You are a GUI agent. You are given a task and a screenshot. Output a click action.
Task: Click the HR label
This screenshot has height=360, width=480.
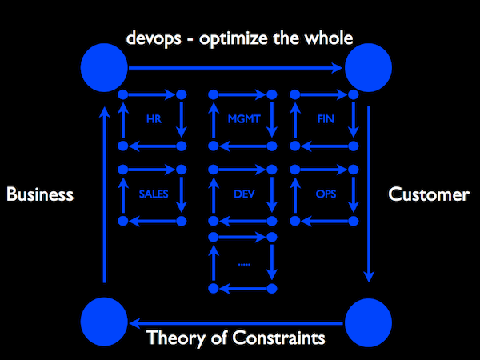(154, 120)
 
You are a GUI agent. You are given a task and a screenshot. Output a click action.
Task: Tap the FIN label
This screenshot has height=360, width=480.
(326, 120)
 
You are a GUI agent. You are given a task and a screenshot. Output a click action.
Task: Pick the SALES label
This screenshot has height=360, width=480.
(152, 194)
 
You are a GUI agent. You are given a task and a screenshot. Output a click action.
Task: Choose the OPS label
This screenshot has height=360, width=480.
(325, 194)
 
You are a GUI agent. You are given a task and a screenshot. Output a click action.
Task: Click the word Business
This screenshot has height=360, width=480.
(40, 194)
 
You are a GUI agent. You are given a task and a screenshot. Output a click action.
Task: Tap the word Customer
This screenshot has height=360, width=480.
(428, 194)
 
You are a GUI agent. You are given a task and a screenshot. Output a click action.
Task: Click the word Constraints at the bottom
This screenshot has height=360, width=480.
(282, 338)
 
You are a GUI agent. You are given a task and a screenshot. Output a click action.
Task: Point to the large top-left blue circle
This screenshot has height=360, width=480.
(105, 67)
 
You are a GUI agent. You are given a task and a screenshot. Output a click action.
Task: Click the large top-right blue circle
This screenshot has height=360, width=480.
(367, 67)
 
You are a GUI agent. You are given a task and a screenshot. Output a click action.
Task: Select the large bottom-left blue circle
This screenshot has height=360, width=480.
(105, 322)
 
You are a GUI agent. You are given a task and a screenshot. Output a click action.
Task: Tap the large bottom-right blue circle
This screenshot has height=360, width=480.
(367, 322)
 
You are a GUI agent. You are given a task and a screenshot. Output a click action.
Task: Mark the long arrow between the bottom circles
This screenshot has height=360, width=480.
(236, 322)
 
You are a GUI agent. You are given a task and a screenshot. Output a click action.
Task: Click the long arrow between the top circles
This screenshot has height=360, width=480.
(236, 68)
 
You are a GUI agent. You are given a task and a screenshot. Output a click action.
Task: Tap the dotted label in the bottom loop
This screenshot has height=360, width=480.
(243, 263)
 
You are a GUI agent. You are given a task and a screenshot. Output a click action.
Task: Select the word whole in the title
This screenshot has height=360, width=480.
(330, 38)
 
